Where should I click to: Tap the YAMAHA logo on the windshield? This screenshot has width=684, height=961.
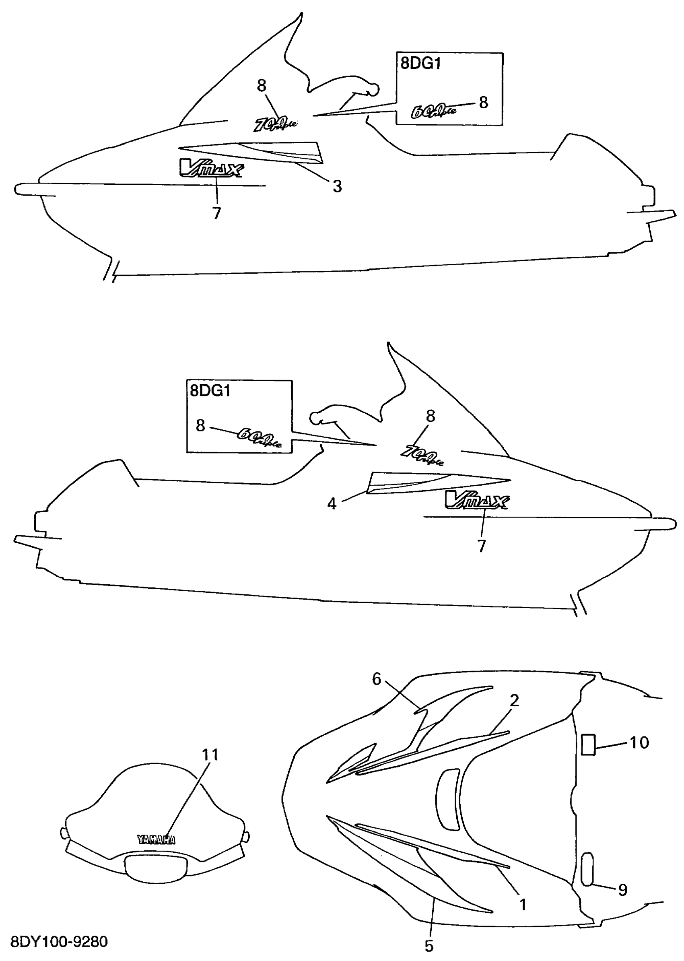coord(156,839)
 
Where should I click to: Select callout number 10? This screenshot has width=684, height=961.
coord(639,742)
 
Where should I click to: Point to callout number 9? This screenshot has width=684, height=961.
coord(622,890)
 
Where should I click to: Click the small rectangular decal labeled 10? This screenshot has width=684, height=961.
coord(588,744)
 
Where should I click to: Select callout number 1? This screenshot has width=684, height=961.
coord(522,904)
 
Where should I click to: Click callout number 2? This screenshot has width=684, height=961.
coord(514,701)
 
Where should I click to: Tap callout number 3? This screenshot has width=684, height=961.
coord(337,186)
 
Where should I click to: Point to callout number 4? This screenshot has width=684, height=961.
coord(332,503)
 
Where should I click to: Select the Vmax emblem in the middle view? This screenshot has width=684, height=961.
coord(477,500)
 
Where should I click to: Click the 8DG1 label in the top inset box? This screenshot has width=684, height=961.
coord(420,63)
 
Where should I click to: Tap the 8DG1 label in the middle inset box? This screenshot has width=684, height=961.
coord(210,391)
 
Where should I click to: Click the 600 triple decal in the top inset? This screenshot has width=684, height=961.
coord(433,111)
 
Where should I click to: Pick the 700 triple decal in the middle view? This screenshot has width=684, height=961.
coord(422,456)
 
